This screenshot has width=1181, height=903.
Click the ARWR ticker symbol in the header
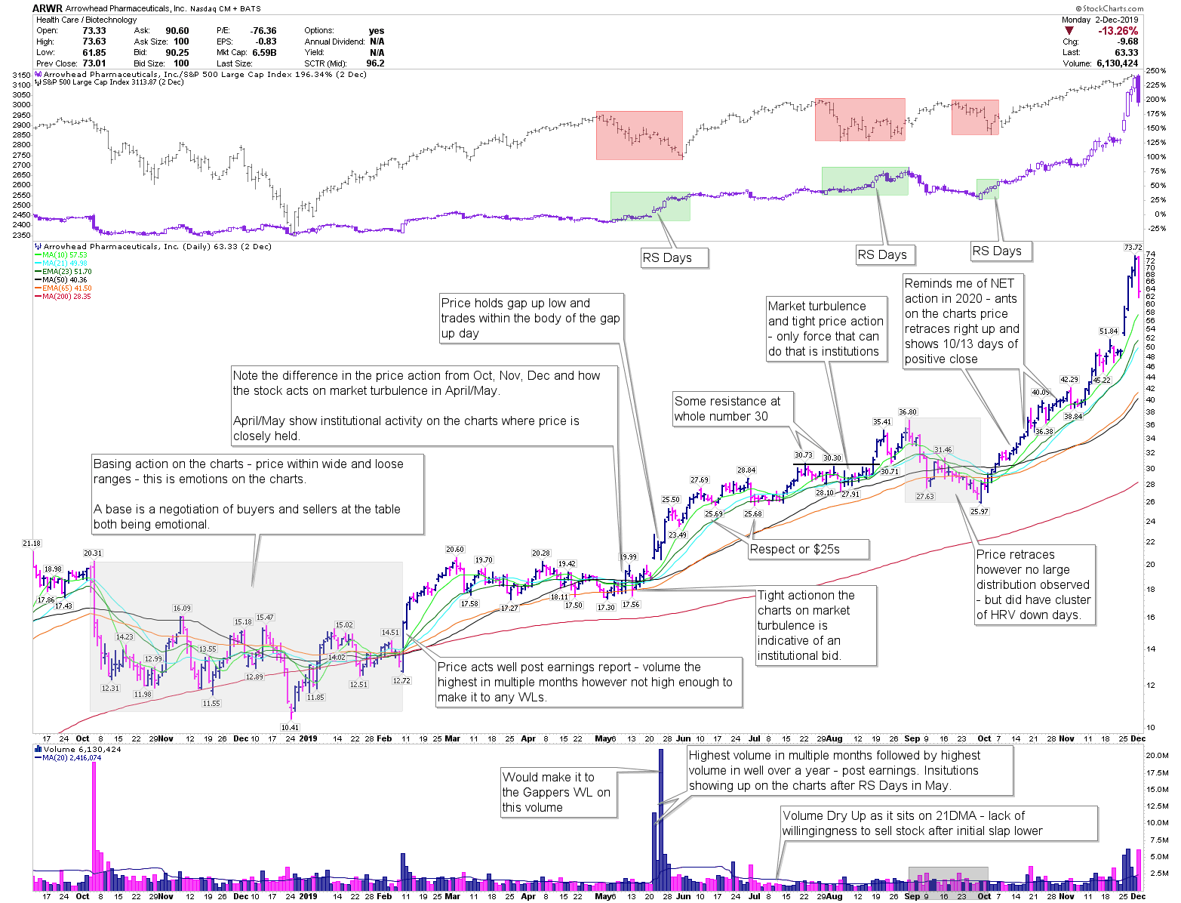(x=47, y=8)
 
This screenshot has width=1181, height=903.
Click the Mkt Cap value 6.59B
(x=264, y=53)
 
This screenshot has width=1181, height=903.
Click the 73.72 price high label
(x=1132, y=247)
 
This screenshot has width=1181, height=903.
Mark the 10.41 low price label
(x=290, y=728)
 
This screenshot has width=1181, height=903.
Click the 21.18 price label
(x=32, y=544)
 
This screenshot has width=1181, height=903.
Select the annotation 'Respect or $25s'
(x=795, y=550)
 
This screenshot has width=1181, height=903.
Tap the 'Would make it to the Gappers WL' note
(x=557, y=792)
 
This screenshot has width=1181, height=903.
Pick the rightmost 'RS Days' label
(x=996, y=251)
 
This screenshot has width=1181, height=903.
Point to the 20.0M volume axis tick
(x=1158, y=755)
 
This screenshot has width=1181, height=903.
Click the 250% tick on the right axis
(x=1156, y=71)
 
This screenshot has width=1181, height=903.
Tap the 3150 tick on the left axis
(x=21, y=75)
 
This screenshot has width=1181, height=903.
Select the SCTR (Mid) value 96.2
(x=374, y=63)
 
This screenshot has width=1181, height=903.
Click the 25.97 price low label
(x=979, y=512)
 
